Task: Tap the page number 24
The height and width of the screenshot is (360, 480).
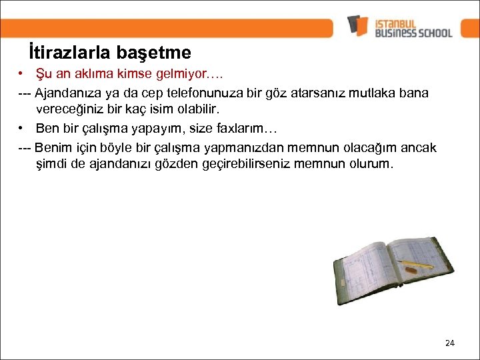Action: click(449, 343)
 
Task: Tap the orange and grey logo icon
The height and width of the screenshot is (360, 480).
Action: click(357, 26)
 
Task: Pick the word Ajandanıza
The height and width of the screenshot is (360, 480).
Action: click(67, 93)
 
